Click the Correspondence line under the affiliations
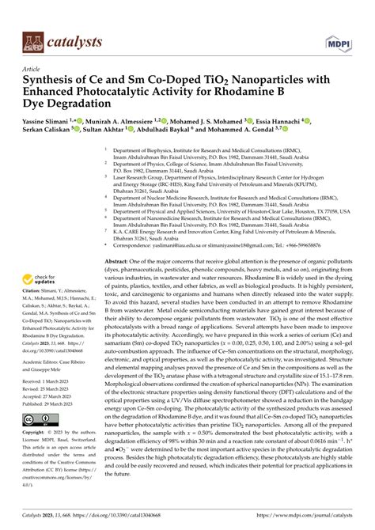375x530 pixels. point(229,224)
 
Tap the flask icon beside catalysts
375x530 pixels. point(31,41)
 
